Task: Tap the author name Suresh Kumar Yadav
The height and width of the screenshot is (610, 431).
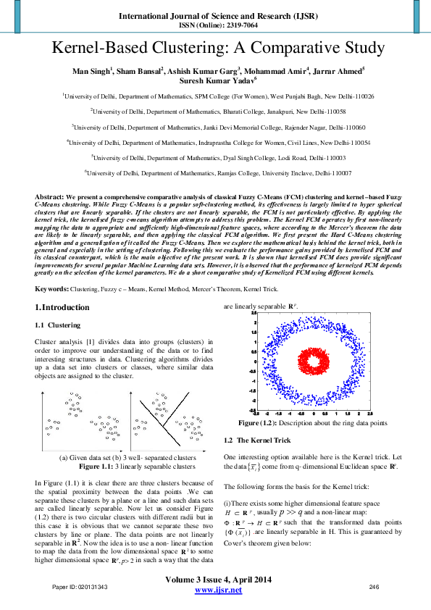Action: pos(214,80)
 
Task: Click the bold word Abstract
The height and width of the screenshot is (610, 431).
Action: pos(49,196)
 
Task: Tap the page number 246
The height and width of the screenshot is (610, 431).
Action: pos(374,586)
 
